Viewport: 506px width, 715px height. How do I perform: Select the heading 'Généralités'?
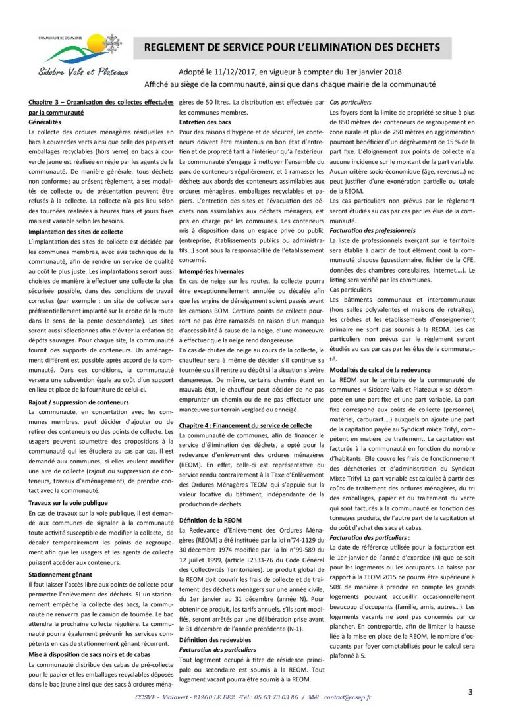pyautogui.click(x=48, y=123)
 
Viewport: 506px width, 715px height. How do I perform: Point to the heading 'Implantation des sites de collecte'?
pyautogui.click(x=75, y=232)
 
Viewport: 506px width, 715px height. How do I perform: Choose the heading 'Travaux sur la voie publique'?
pyautogui.click(x=68, y=502)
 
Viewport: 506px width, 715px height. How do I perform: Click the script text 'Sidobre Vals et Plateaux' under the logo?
pyautogui.click(x=83, y=72)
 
